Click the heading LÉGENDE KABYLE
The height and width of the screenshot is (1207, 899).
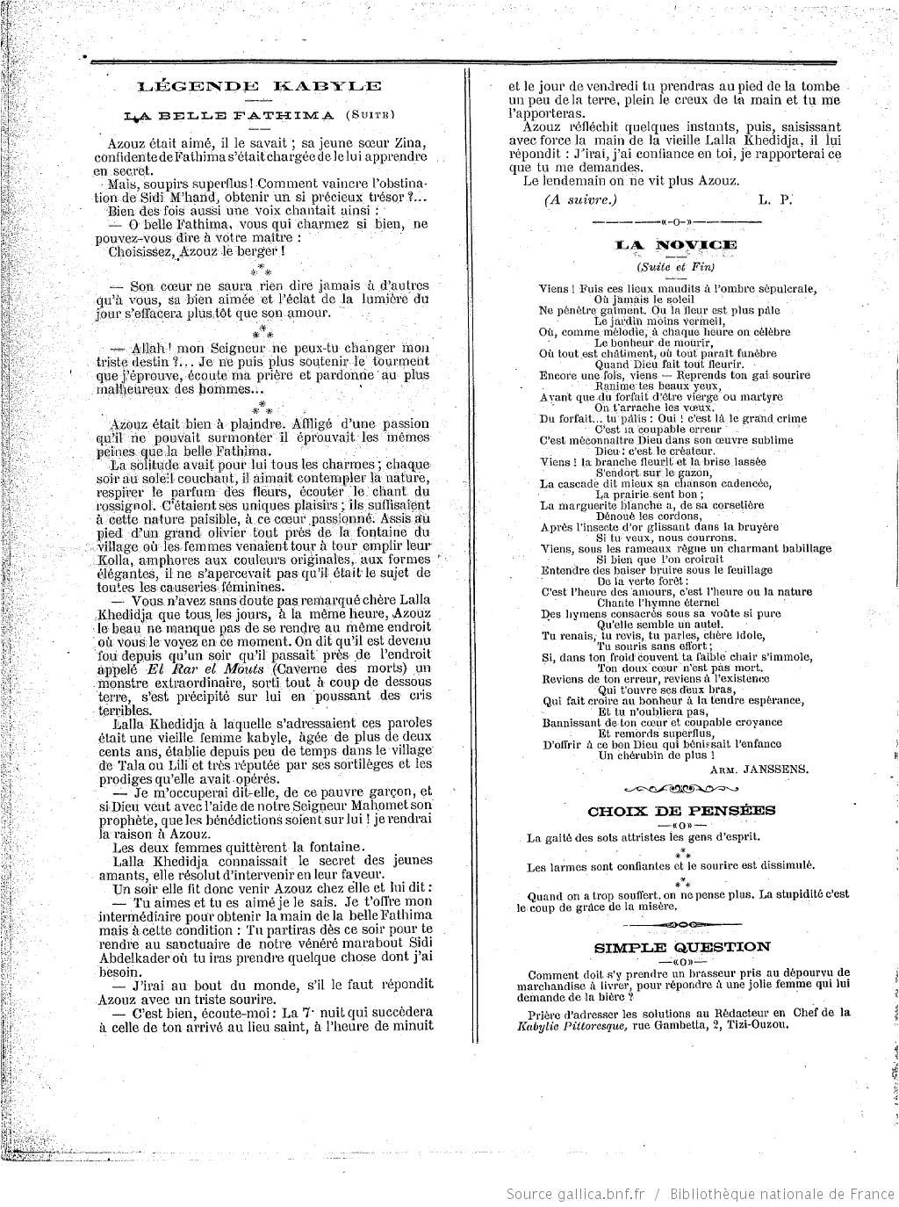(x=260, y=86)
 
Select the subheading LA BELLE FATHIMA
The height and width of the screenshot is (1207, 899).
(x=230, y=115)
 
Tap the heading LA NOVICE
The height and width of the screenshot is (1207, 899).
(x=675, y=244)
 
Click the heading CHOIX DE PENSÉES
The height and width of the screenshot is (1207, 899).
(x=675, y=811)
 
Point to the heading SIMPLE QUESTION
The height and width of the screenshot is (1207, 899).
(x=682, y=947)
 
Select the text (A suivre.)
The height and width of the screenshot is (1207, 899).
(x=580, y=199)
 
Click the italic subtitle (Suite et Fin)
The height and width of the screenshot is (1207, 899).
(x=675, y=267)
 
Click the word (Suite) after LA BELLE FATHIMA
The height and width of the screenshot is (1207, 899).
(x=370, y=115)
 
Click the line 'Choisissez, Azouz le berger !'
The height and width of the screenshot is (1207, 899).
(x=197, y=251)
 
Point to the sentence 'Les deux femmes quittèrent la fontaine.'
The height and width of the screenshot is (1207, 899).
(x=227, y=847)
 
